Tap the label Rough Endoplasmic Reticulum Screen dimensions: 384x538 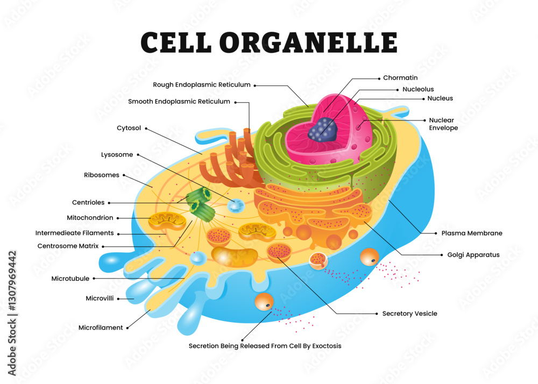pos(202,84)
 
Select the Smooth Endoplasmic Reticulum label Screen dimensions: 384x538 pos(179,102)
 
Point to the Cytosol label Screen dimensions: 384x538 pos(129,128)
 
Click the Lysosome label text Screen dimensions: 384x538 pos(117,155)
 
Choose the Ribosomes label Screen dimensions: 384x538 pos(102,175)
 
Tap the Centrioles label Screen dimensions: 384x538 pos(88,203)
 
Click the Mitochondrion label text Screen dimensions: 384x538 pos(90,218)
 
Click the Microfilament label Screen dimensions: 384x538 pos(101,328)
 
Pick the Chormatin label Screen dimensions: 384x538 pos(400,78)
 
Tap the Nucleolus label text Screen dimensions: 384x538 pos(418,89)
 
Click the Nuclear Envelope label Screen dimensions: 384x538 pos(443,124)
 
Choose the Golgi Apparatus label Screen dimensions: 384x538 pos(473,255)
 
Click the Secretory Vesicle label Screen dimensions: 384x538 pos(409,314)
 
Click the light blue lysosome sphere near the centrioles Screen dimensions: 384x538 pos(235,205)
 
